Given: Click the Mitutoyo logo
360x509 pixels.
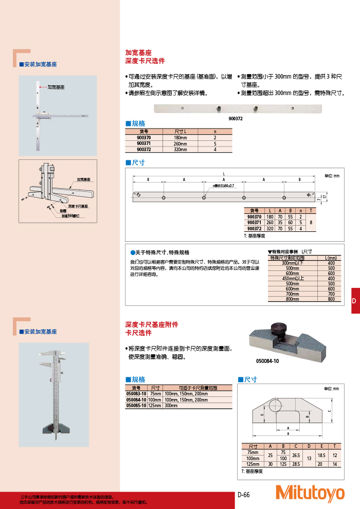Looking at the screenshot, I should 310,493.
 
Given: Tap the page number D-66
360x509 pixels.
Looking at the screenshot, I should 243,495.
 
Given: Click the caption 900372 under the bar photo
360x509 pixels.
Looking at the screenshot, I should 236,118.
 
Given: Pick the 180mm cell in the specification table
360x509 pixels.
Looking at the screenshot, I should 181,138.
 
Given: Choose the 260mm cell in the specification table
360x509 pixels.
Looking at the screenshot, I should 181,143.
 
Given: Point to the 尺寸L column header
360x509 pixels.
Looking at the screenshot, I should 181,132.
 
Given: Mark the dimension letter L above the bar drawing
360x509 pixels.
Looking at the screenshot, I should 224,173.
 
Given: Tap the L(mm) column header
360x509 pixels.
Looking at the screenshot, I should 331,258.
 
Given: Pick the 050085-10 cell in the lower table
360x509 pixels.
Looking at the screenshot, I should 136,406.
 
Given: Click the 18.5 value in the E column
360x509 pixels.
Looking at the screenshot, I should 322,455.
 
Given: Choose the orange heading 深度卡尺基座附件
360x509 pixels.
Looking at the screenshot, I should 152,324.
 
